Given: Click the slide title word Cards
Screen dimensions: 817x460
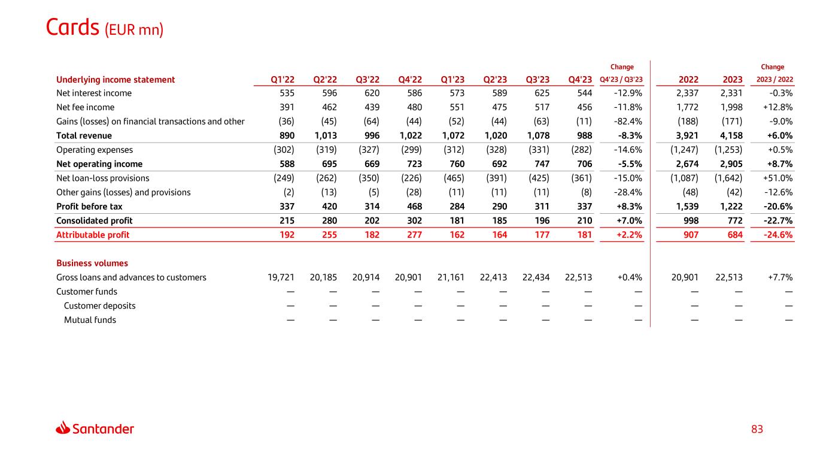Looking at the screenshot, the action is coord(72,28).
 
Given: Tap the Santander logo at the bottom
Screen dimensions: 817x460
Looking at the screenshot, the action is coord(95,428).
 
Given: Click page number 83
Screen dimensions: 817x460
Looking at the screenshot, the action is coord(757,429).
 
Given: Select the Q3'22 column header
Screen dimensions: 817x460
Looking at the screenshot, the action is coord(368,80).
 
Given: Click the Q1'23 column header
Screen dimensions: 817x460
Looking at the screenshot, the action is coord(452,80).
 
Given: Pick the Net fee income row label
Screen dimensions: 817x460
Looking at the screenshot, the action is coord(86,107).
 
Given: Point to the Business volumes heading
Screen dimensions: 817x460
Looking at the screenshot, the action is coord(92,263).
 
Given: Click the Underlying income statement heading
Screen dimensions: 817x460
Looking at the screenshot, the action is coord(116,80).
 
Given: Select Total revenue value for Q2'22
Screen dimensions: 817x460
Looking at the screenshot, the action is coord(326,136).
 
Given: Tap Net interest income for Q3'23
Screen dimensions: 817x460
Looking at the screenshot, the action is coord(542,93).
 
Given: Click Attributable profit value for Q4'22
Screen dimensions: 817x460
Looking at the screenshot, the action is coord(415,235).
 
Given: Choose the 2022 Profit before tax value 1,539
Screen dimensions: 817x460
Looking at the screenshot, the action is coord(687,207).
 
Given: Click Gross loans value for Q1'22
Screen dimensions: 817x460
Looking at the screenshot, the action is coord(281,277).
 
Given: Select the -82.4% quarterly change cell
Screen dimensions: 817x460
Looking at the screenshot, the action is coord(628,122).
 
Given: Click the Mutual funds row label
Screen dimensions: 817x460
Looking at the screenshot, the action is coord(90,320).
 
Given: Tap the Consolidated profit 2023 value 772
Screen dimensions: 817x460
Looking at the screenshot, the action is coord(735,221).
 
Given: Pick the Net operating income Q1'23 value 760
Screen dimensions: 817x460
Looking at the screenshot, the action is coord(457,164).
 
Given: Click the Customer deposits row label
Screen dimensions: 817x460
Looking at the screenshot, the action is coord(99,306).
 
